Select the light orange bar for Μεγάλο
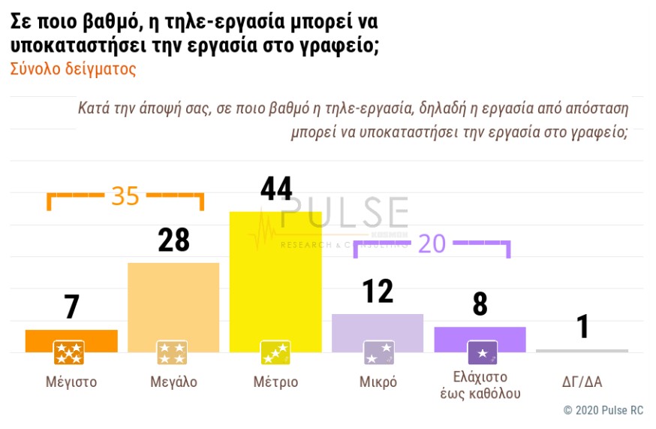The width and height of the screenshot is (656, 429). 173,301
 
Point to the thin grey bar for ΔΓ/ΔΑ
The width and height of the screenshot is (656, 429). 582,351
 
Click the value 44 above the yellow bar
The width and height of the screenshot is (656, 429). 275,189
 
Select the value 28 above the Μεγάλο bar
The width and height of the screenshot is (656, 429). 173,240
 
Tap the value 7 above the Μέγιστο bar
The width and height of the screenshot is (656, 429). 71,307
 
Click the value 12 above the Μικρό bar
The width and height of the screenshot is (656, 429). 378,292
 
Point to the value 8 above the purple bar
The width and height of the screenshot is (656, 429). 480,305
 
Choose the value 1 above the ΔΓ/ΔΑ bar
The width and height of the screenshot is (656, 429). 582,327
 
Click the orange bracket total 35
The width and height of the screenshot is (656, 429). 125,196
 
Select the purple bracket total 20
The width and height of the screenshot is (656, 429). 432,243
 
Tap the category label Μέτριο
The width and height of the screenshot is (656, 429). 275,382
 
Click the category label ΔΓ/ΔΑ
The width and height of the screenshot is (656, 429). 582,382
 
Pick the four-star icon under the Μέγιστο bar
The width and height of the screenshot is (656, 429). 68,352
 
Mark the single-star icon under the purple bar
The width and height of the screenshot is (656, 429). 482,352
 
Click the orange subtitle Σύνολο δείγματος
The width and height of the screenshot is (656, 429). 73,70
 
